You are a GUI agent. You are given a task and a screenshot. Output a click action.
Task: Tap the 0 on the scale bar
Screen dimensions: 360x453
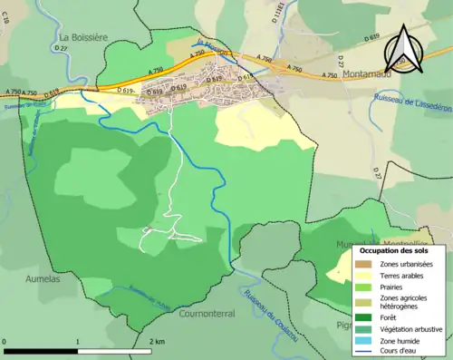[5, 341]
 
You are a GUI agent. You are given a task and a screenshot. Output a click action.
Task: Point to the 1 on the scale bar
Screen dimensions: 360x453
[77, 341]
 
